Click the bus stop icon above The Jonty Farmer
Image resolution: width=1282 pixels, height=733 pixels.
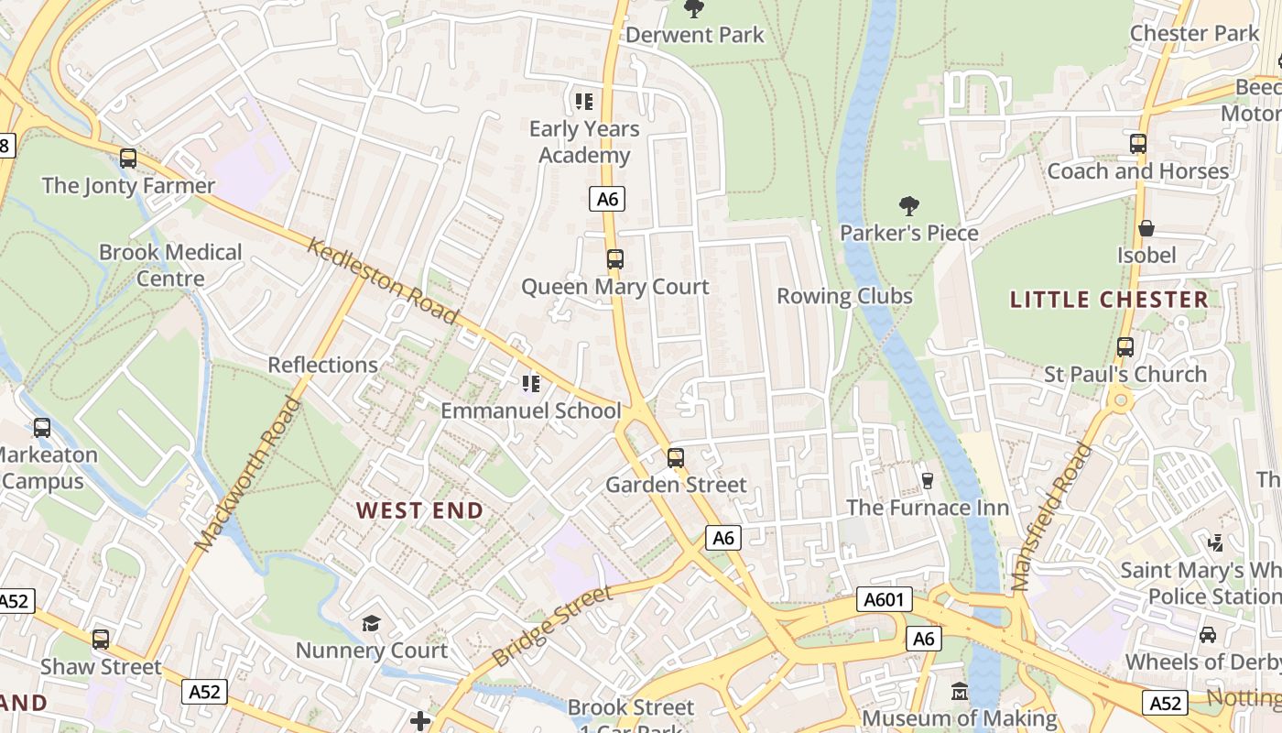[128, 159]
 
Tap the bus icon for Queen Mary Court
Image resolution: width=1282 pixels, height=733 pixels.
[615, 259]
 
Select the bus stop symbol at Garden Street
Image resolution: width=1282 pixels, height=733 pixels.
[676, 457]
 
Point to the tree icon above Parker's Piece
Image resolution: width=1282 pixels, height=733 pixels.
[908, 206]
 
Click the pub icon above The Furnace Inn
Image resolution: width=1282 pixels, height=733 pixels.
[927, 480]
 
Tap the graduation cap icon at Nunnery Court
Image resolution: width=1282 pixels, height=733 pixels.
[371, 624]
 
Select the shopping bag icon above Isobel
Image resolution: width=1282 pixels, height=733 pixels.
[1146, 228]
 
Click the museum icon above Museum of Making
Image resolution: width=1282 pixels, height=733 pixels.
[960, 691]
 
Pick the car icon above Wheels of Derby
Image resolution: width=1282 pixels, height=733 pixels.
[1208, 634]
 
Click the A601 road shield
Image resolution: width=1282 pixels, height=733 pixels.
[885, 600]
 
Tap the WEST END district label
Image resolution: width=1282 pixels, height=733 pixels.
[419, 510]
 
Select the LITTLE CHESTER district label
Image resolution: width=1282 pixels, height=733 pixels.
[1109, 300]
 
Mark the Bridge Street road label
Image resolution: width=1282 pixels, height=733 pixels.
[551, 628]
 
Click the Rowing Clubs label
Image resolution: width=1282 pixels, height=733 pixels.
[844, 296]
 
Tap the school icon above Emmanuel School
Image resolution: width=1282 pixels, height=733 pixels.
[531, 384]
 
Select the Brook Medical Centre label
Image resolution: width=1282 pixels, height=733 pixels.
[170, 265]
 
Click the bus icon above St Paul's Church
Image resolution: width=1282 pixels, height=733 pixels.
[1125, 347]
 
